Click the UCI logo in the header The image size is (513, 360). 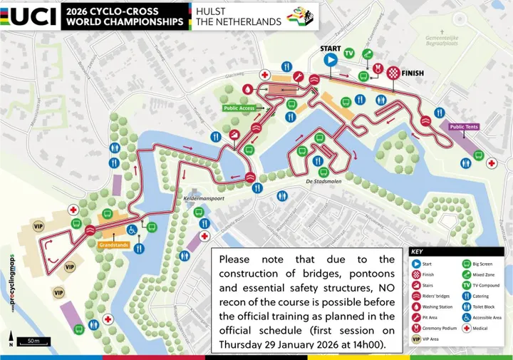tap(30, 15)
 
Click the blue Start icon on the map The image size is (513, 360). tap(330, 61)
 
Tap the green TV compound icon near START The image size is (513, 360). tap(349, 53)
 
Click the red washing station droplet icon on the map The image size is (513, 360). tap(248, 89)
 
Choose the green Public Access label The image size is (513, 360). tap(239, 108)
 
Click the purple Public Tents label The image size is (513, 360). tap(467, 127)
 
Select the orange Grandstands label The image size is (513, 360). tap(114, 245)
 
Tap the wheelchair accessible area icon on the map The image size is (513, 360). tap(132, 230)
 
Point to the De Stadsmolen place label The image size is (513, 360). tap(325, 182)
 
